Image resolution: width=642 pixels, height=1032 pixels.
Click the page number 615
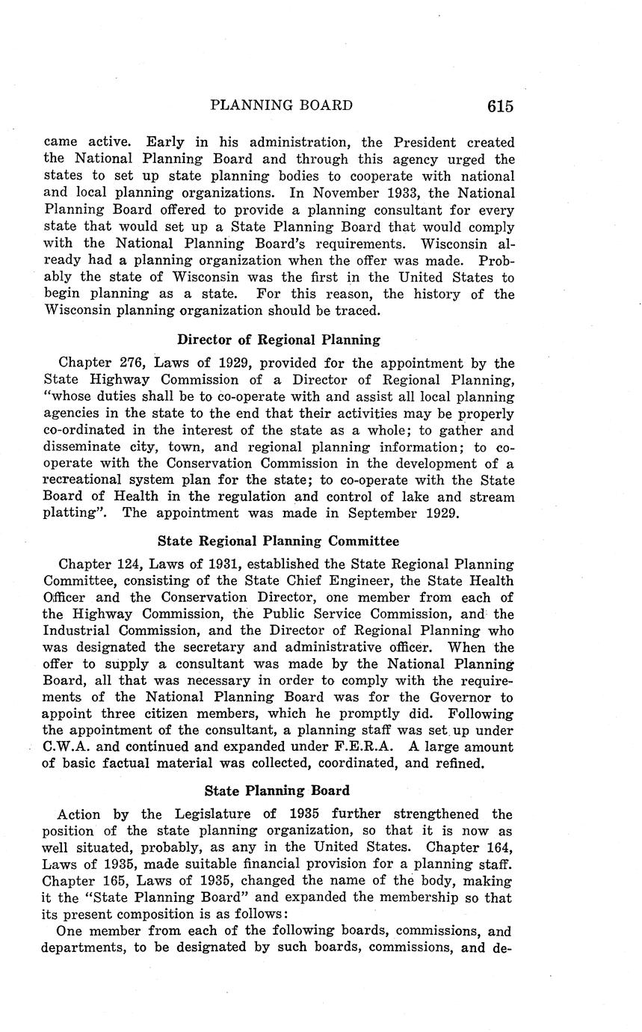(x=500, y=106)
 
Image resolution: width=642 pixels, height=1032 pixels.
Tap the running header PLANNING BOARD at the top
(x=281, y=105)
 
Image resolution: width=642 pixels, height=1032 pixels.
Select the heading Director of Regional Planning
(x=279, y=340)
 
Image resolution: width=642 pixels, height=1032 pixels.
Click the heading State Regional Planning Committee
(x=279, y=541)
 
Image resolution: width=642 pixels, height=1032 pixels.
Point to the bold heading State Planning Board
(x=277, y=790)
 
